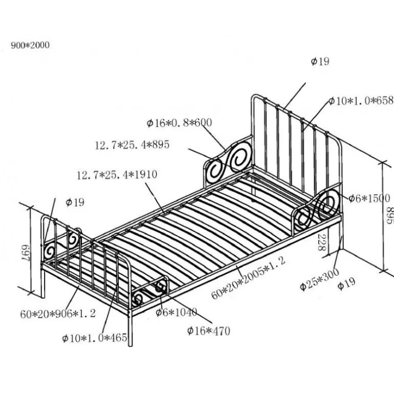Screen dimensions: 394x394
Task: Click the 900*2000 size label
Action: coord(30,46)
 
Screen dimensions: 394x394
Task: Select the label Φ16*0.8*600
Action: coord(179,123)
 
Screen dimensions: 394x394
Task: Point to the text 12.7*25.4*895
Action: coord(132,145)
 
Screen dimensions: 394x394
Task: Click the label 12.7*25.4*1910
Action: coord(117,175)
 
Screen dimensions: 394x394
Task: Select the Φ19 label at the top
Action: coord(320,62)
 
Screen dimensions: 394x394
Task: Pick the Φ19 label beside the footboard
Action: coord(75,202)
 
